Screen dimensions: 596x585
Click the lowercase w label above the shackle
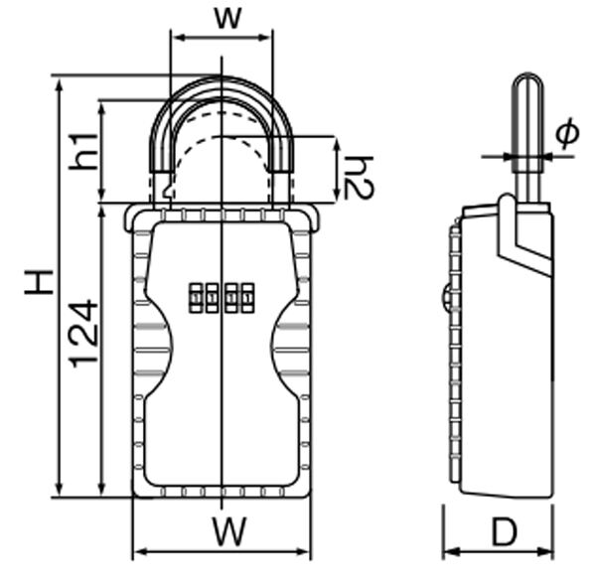(x=227, y=18)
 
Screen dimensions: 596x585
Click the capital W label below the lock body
(x=229, y=531)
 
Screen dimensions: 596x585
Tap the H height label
(x=39, y=282)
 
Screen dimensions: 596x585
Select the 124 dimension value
(x=84, y=334)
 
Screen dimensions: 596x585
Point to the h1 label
(x=83, y=151)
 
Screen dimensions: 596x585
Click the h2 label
(x=359, y=177)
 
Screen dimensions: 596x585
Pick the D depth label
(x=505, y=531)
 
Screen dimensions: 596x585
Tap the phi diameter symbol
(x=567, y=133)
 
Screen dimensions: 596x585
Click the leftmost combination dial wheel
(x=196, y=298)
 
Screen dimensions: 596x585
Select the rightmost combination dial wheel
(x=247, y=298)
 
